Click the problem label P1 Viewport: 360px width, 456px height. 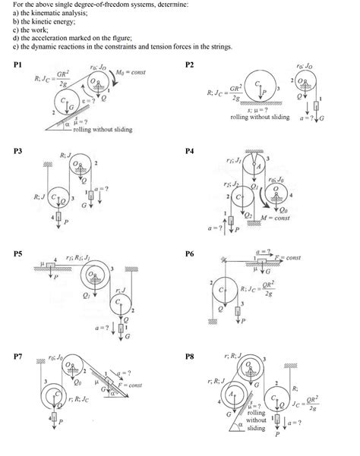[18, 66]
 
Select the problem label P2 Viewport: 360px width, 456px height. [190, 66]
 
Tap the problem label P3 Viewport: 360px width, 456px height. [18, 152]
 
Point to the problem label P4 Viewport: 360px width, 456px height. [190, 152]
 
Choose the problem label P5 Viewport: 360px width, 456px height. [18, 253]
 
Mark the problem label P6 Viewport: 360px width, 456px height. [190, 253]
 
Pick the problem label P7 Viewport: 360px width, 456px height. [18, 355]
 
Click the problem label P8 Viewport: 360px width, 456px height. [190, 355]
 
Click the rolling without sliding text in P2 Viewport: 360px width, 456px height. [260, 118]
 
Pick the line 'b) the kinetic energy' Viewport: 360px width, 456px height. [41, 21]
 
